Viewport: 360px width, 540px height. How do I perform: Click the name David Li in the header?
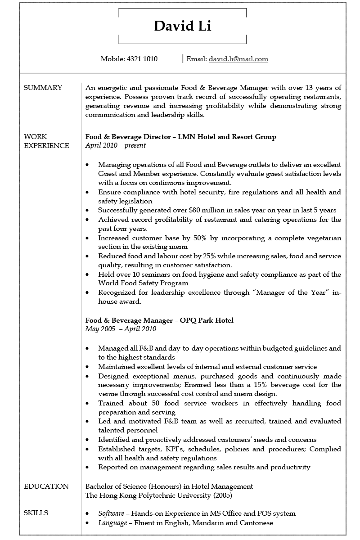click(x=182, y=26)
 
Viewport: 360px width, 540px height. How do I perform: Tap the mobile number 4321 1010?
click(x=142, y=59)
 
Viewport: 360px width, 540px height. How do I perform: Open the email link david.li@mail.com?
click(x=238, y=59)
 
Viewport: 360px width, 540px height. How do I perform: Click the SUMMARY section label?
click(x=43, y=88)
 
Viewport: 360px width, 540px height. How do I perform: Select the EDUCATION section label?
click(x=46, y=486)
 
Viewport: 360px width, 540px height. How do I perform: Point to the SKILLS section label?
click(x=36, y=513)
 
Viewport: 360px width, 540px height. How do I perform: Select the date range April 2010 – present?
click(x=116, y=146)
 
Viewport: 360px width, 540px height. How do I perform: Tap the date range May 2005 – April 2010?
click(x=121, y=329)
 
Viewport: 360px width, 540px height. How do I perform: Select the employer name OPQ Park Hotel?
click(x=207, y=320)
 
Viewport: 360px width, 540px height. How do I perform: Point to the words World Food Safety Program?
click(x=143, y=283)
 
